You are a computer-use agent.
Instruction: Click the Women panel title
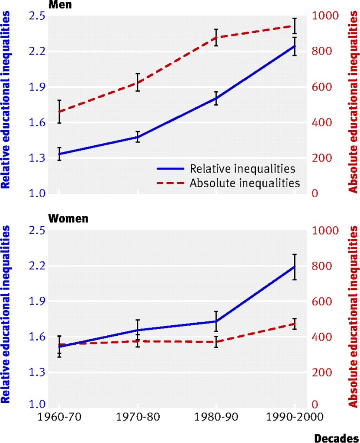68,218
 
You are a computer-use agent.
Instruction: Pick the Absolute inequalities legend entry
244,183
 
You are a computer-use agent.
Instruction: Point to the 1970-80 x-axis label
138,417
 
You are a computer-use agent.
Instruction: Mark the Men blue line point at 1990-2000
294,46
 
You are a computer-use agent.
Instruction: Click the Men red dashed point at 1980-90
216,37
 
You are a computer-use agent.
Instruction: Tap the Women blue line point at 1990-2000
294,266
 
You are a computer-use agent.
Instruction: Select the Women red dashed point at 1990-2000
294,324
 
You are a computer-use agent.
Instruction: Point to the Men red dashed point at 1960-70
59,112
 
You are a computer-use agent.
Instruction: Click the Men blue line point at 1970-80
138,137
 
